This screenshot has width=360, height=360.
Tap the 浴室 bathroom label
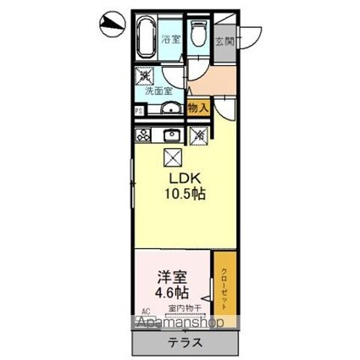[171, 39]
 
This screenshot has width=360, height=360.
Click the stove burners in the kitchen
[143, 134]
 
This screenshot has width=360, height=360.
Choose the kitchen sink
[172, 134]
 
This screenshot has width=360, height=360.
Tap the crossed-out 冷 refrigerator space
[201, 134]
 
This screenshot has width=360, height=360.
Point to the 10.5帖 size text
[186, 194]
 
